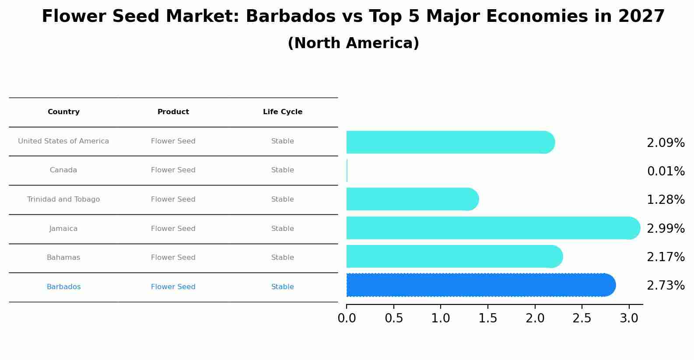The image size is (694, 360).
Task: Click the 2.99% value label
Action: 666,228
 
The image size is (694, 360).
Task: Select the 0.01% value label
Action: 666,171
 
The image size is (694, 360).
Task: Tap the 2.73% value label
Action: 666,286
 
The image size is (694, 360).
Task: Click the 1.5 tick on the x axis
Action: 487,318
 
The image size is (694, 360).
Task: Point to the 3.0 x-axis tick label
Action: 629,318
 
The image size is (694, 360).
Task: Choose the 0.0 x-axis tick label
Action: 347,318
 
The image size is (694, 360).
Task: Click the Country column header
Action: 63,112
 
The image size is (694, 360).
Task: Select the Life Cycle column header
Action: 283,112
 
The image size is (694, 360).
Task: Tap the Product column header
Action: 173,112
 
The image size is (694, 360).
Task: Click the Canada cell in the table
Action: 63,170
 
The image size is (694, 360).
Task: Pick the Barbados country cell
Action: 63,287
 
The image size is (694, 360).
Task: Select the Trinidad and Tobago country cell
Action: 63,199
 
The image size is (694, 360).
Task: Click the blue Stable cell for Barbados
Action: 283,287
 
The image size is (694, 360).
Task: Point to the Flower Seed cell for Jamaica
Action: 173,229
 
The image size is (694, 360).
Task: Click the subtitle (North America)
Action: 353,43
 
